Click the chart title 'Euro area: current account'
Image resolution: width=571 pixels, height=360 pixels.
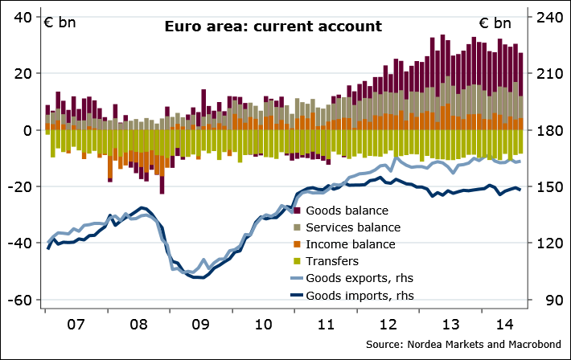(x=273, y=27)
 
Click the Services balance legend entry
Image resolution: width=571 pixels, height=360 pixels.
(x=356, y=227)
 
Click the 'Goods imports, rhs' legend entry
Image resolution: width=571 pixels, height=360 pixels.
(x=361, y=295)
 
